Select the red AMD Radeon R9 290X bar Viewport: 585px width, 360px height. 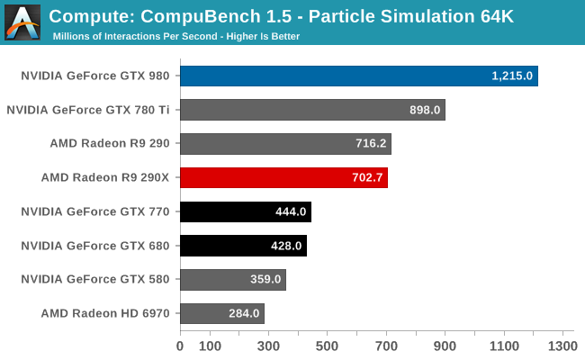[283, 177]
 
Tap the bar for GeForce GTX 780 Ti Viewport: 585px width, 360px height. [312, 110]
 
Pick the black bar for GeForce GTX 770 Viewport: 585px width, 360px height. [245, 211]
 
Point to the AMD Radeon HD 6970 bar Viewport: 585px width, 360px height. [221, 313]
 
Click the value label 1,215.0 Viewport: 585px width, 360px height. [513, 76]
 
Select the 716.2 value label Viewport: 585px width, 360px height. [368, 144]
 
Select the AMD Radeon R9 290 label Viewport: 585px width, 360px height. [116, 143]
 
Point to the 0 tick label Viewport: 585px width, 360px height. [180, 346]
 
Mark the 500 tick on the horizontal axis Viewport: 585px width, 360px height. [327, 346]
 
